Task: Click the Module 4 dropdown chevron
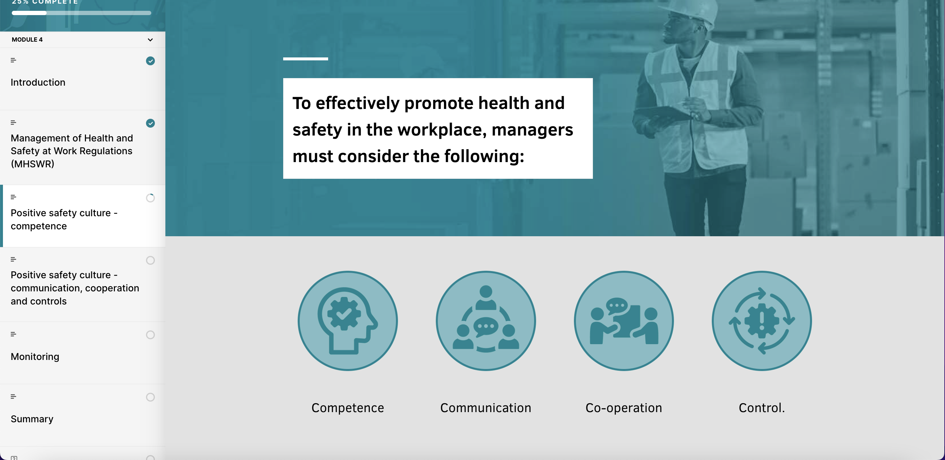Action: (150, 40)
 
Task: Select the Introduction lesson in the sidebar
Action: (38, 82)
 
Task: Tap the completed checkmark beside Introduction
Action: (150, 61)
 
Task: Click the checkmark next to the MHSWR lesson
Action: (150, 123)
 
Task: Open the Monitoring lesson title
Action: (35, 357)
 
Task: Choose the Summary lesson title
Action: (32, 419)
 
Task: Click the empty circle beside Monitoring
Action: (150, 335)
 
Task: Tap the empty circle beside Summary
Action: (150, 397)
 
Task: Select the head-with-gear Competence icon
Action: (347, 321)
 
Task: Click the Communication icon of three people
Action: (486, 321)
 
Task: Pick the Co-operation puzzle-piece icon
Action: (624, 321)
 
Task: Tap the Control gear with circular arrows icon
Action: (762, 321)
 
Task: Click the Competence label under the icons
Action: (347, 408)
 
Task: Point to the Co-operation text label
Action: (624, 408)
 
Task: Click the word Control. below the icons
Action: (762, 408)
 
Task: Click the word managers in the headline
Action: (532, 130)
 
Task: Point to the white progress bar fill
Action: (29, 13)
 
